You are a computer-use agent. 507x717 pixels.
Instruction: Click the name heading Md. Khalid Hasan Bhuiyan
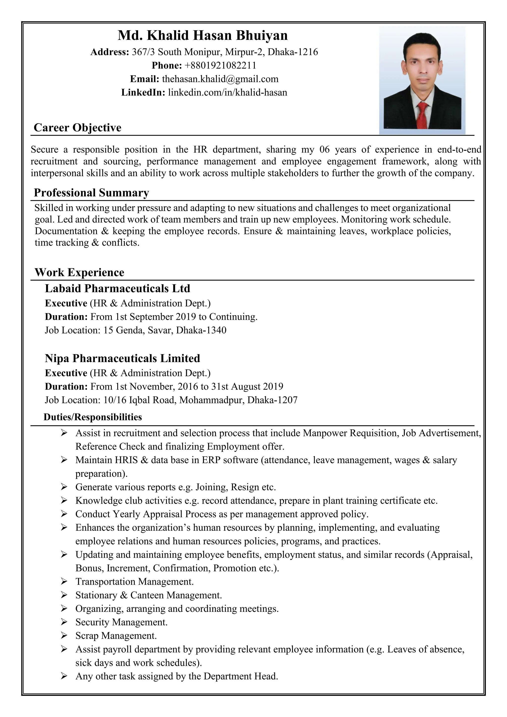pos(202,35)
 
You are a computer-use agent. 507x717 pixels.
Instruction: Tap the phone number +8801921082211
pos(220,65)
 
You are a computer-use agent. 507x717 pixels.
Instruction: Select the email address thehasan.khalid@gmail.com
pos(220,79)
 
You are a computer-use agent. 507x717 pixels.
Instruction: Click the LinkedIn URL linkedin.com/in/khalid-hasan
pos(227,92)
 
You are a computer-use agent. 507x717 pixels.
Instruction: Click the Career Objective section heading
pos(77,128)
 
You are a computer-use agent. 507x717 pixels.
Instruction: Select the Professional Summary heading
pos(91,193)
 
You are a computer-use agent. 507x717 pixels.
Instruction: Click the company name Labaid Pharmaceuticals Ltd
pos(117,288)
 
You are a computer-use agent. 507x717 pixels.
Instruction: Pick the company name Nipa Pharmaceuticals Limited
pos(122,358)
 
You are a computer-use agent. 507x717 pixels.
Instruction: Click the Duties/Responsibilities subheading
pos(93,417)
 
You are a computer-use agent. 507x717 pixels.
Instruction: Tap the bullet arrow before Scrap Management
pos(64,636)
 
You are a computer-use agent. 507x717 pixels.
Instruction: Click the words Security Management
pos(122,622)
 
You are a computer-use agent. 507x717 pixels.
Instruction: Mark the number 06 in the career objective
pos(324,150)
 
